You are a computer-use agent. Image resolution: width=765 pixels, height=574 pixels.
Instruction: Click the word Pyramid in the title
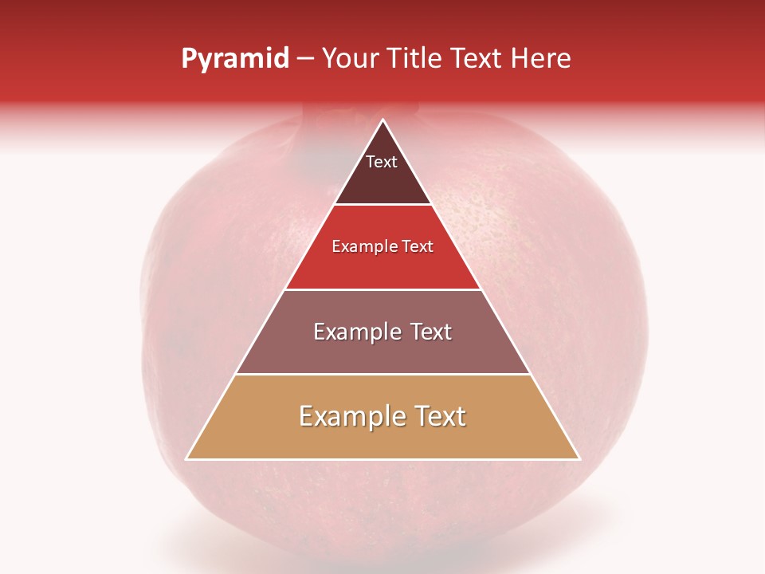[235, 59]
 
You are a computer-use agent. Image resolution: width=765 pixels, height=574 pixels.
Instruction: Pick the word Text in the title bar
[480, 59]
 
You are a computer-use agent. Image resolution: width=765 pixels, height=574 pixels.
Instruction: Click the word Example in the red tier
[363, 247]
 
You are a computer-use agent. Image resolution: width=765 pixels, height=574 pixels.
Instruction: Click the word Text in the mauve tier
[432, 332]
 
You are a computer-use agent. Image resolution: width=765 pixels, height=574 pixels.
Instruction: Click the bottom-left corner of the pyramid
[186, 459]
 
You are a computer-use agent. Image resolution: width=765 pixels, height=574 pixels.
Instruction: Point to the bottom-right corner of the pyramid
[579, 459]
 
